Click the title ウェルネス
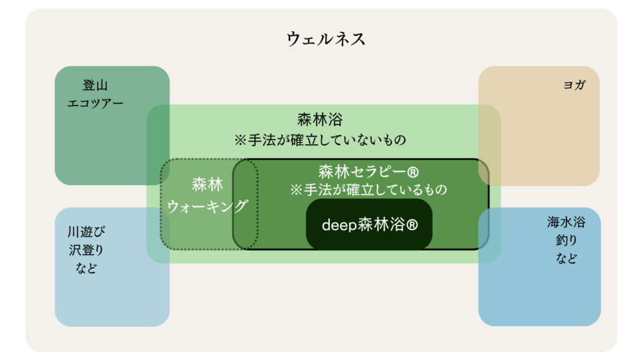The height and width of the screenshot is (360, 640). click(x=326, y=39)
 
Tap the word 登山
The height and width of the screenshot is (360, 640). click(x=95, y=85)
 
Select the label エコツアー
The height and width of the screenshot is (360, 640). click(x=95, y=103)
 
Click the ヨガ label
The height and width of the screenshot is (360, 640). click(x=574, y=85)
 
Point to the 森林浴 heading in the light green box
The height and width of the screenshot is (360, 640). click(x=320, y=119)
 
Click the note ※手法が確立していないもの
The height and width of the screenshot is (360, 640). click(x=320, y=140)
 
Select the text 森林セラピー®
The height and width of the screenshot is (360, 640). click(x=369, y=172)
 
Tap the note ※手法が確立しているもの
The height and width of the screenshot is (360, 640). click(x=369, y=190)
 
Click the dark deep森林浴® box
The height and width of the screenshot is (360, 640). click(x=369, y=224)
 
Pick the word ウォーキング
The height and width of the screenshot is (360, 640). click(x=207, y=206)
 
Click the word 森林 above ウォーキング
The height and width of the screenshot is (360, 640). click(x=207, y=185)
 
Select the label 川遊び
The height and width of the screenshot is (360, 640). click(x=86, y=232)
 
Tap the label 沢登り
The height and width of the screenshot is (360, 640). click(x=86, y=250)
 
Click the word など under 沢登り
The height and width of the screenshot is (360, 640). click(x=86, y=267)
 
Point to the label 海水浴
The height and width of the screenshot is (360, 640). click(x=566, y=222)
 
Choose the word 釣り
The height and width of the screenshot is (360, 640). click(x=566, y=240)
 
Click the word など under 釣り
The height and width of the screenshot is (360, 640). click(x=566, y=258)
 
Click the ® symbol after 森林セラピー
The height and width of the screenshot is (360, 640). click(x=412, y=172)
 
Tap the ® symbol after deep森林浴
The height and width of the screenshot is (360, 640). click(x=412, y=224)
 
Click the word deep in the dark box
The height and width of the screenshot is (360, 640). click(x=339, y=224)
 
